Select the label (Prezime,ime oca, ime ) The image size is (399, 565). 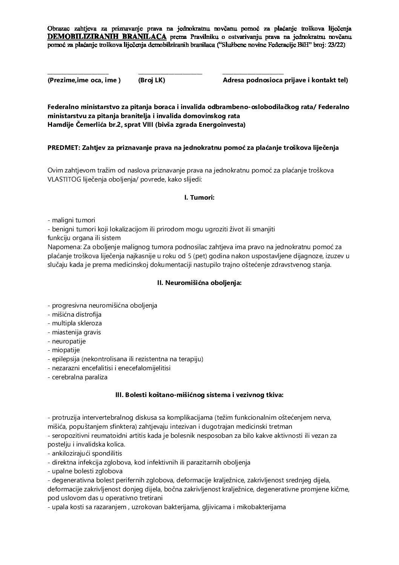(x=84, y=80)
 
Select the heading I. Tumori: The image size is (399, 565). (x=199, y=197)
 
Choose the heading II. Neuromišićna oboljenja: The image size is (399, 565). (x=199, y=283)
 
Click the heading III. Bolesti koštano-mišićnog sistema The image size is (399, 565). (x=199, y=395)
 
